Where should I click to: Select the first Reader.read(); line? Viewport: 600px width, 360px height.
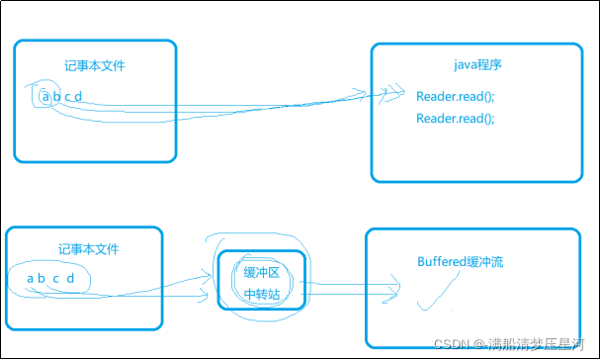455,96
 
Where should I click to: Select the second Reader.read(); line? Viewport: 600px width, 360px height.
455,119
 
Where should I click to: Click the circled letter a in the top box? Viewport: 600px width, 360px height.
45,97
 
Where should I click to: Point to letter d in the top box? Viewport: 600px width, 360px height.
79,97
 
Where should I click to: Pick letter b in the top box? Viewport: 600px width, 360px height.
56,97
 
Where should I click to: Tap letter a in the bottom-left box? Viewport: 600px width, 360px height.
31,278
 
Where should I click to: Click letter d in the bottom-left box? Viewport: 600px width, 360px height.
70,278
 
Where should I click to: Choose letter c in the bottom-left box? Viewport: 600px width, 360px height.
56,278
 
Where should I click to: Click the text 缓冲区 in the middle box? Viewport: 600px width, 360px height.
262,272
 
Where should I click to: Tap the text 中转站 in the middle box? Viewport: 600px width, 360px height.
262,294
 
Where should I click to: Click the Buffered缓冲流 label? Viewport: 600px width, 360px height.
461,262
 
